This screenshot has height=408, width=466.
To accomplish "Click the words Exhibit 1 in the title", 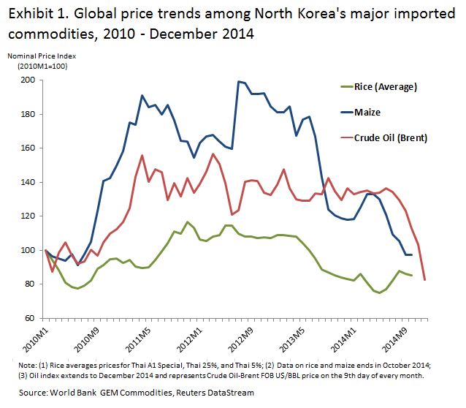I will click(35, 12).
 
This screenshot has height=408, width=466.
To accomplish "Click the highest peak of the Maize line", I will click(238, 81).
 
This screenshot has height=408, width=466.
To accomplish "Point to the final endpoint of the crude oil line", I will click(424, 280).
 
